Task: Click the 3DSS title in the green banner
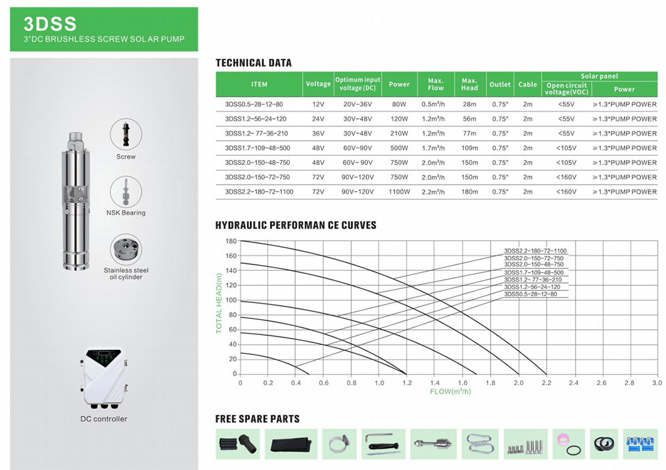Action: click(50, 24)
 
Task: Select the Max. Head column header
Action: click(469, 84)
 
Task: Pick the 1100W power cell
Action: click(399, 192)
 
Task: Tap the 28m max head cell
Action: click(469, 104)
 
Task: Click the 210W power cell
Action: click(399, 133)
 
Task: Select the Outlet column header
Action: click(500, 84)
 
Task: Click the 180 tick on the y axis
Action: click(231, 241)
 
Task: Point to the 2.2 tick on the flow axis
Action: click(546, 382)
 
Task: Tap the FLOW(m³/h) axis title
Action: click(450, 391)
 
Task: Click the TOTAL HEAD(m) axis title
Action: click(219, 303)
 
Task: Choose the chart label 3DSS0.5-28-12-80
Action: click(530, 294)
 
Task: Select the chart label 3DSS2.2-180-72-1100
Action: click(535, 251)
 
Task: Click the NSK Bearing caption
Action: click(126, 213)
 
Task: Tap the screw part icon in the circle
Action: click(126, 134)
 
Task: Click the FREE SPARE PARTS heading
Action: click(257, 419)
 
